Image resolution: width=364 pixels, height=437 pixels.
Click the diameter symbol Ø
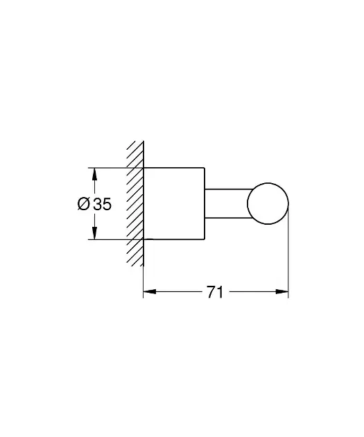pos(84,204)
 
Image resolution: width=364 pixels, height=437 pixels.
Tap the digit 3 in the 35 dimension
pos(98,204)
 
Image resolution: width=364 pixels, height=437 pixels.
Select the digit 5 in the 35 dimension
pos(107,204)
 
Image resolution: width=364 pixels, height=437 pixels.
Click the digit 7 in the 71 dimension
pos(211,292)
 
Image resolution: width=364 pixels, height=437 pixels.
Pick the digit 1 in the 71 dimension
pos(220,292)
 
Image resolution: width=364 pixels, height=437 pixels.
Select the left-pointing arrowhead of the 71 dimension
pos(149,292)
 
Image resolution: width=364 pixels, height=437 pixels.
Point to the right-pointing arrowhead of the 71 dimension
pos(282,292)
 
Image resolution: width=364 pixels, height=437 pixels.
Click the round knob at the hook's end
pos(268,183)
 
